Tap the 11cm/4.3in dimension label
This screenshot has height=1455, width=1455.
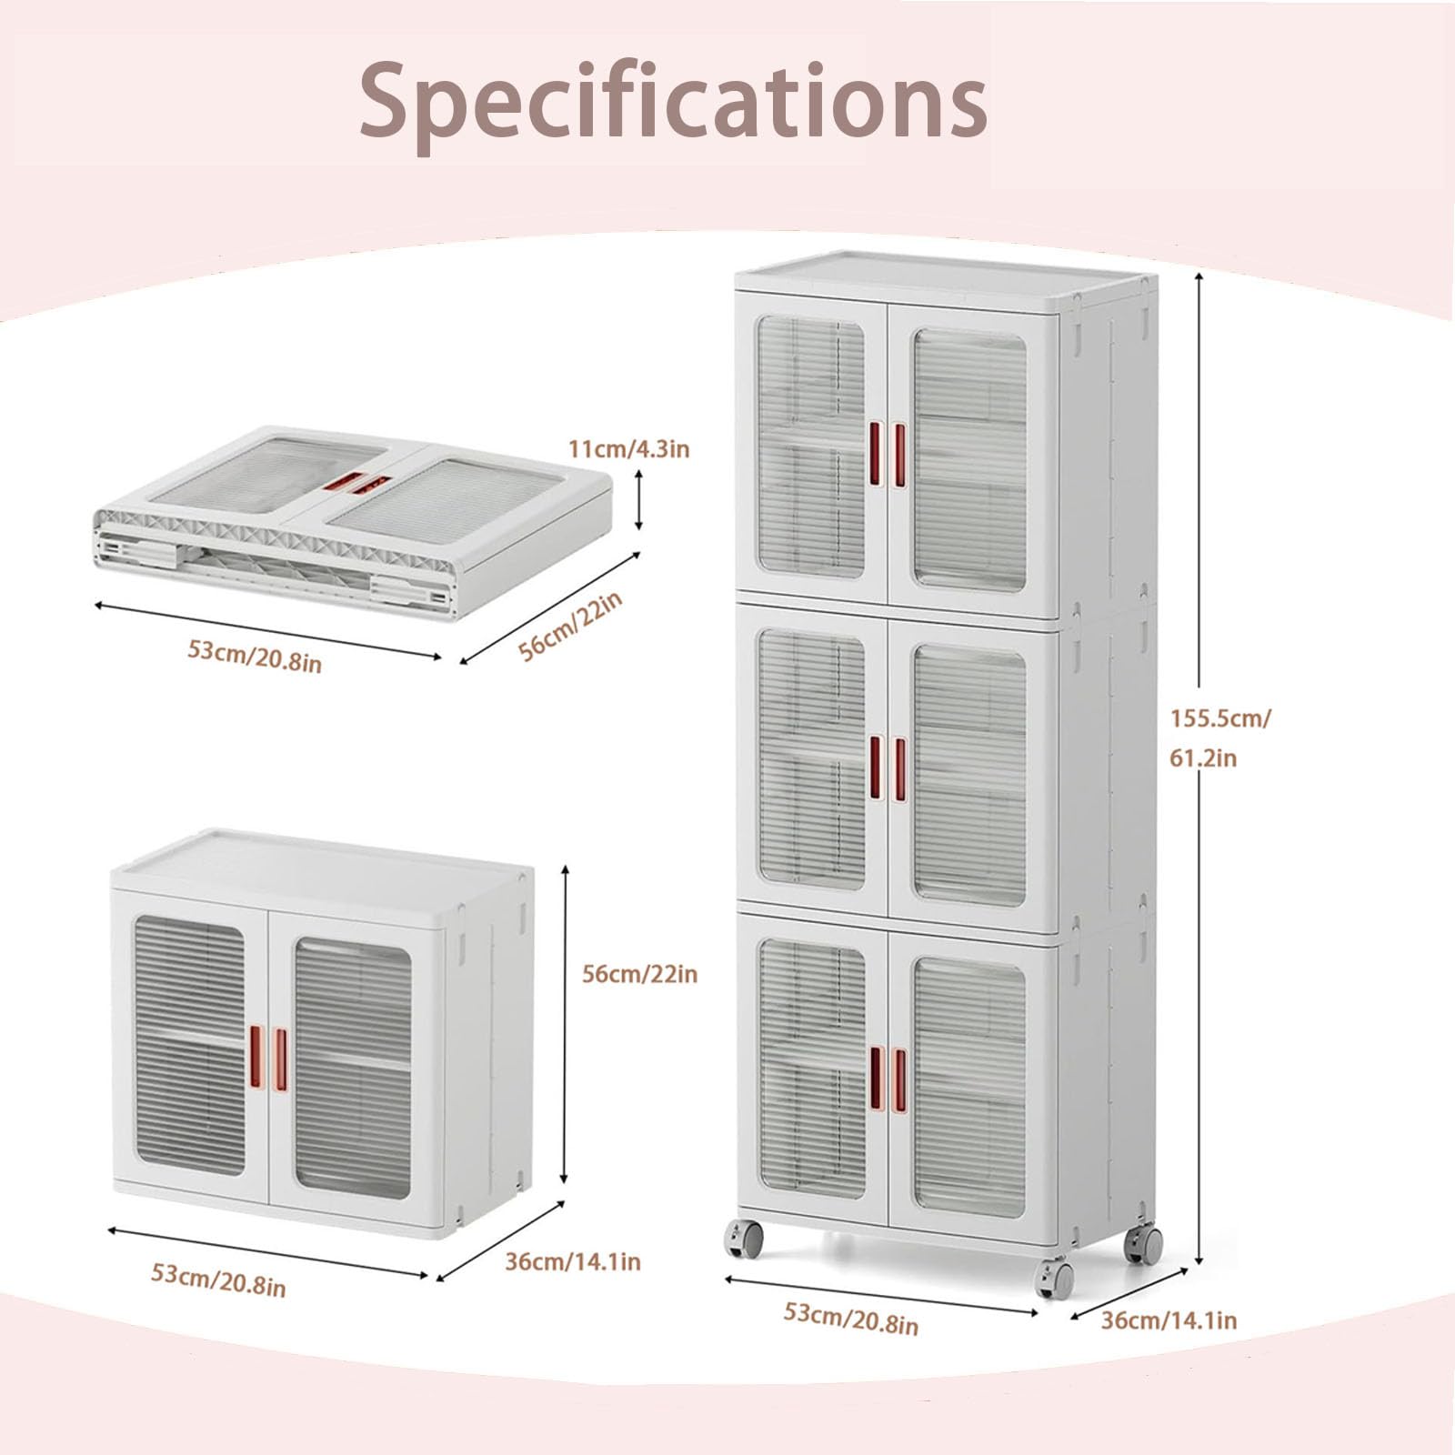(629, 449)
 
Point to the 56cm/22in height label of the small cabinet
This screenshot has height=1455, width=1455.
(639, 974)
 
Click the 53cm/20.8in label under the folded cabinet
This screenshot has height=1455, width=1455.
(255, 655)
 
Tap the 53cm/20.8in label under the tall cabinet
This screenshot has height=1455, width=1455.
(851, 1319)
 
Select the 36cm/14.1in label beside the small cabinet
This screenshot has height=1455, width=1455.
(573, 1261)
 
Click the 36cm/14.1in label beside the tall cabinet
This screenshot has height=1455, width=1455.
(1169, 1320)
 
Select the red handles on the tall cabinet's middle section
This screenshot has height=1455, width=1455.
(888, 768)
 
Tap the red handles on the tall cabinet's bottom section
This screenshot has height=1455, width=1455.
(888, 1080)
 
